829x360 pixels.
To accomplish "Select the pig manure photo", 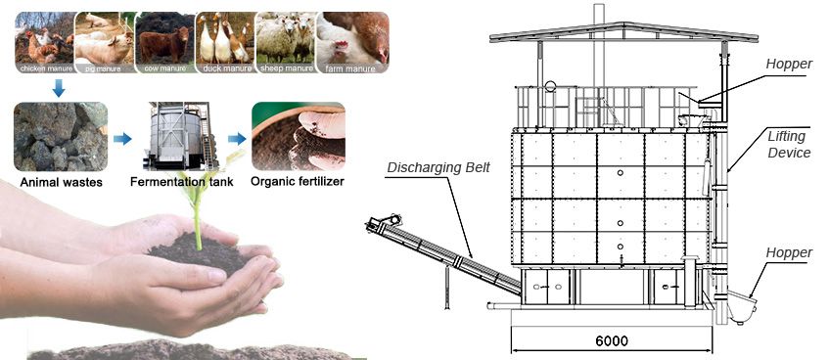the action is coord(103,38).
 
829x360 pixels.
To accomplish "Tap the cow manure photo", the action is coord(163,38).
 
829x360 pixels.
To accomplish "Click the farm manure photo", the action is coord(353,38).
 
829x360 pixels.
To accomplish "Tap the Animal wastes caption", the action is coord(62,182).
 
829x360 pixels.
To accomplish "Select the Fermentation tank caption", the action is coord(180,182).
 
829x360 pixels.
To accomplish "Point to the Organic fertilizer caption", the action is coord(298,182).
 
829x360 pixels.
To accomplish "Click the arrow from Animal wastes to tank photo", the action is coord(122,140).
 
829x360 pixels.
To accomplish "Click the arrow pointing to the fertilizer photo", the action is coord(237,140).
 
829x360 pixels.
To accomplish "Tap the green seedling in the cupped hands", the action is coord(198,210).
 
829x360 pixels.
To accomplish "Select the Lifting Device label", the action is coord(789,145).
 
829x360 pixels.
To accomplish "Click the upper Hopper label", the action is coord(790,63).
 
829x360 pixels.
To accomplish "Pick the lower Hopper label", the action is coord(790,253).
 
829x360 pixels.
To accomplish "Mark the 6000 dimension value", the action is coord(611,341).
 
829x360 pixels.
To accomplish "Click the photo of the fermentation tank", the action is coord(177,135).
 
